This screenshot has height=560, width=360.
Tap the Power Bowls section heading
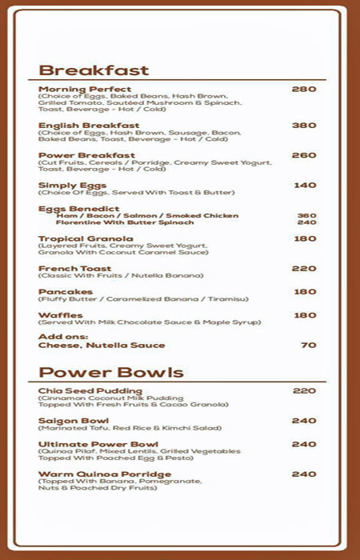(x=111, y=372)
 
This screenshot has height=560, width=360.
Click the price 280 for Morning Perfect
(x=304, y=90)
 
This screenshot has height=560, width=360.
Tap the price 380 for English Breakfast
(x=304, y=126)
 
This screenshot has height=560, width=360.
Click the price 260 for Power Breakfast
(x=304, y=155)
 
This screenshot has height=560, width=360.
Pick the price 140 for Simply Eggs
(x=305, y=186)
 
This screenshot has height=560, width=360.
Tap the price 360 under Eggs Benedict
(x=306, y=215)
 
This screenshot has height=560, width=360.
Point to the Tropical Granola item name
(x=86, y=238)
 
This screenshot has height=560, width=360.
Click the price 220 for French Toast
(x=304, y=269)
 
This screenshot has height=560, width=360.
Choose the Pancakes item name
(x=66, y=292)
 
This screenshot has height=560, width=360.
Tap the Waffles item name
(x=60, y=315)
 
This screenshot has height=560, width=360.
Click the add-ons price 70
(x=308, y=346)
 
